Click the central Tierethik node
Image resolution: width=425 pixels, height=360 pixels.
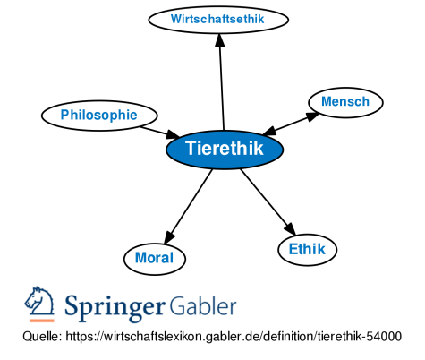tap(225, 149)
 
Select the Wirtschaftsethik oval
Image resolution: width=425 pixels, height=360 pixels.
tap(218, 18)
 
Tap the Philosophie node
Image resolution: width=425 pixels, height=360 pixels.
tap(99, 115)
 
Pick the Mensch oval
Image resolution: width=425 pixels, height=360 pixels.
tap(345, 102)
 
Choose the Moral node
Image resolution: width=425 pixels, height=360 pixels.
tap(154, 258)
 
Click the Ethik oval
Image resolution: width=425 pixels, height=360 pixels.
tap(307, 250)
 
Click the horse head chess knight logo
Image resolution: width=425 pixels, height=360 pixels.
tap(40, 303)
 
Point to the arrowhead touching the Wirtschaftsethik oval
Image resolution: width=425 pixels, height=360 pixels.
tap(218, 39)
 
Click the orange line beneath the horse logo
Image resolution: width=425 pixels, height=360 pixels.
tap(40, 320)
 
